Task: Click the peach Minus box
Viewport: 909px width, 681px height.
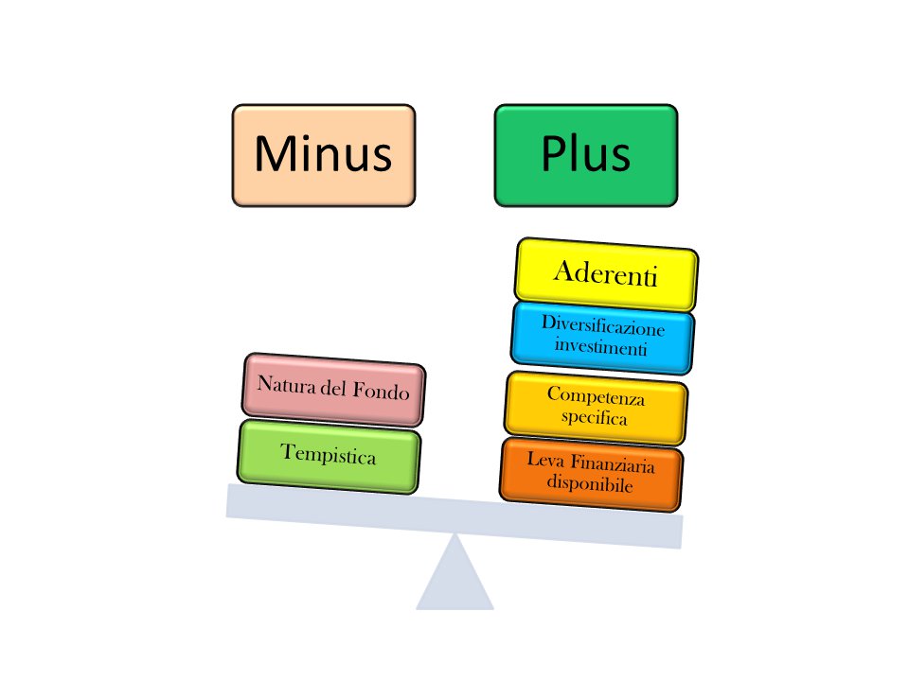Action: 324,155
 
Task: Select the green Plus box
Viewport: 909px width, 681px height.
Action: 586,155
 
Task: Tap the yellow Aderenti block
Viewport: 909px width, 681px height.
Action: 606,274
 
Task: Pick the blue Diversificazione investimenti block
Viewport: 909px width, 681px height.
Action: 602,338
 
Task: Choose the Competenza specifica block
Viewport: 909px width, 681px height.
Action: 596,408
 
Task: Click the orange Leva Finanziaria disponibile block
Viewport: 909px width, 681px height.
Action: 591,474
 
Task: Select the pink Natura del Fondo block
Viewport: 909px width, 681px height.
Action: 333,389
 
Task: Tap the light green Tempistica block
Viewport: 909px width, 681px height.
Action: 329,456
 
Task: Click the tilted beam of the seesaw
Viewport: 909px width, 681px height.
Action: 454,516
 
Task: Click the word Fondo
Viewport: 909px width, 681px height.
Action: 381,392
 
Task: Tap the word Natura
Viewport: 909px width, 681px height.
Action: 286,385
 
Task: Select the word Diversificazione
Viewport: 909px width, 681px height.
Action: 603,326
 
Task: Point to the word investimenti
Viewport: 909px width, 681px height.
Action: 600,346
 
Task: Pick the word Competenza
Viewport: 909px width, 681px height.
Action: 596,396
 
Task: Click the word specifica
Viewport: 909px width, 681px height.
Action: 595,417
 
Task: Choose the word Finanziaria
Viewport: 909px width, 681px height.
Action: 613,463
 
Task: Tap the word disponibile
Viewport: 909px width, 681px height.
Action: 590,482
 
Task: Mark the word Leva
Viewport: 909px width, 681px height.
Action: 545,461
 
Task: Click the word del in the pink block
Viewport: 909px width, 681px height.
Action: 333,388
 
